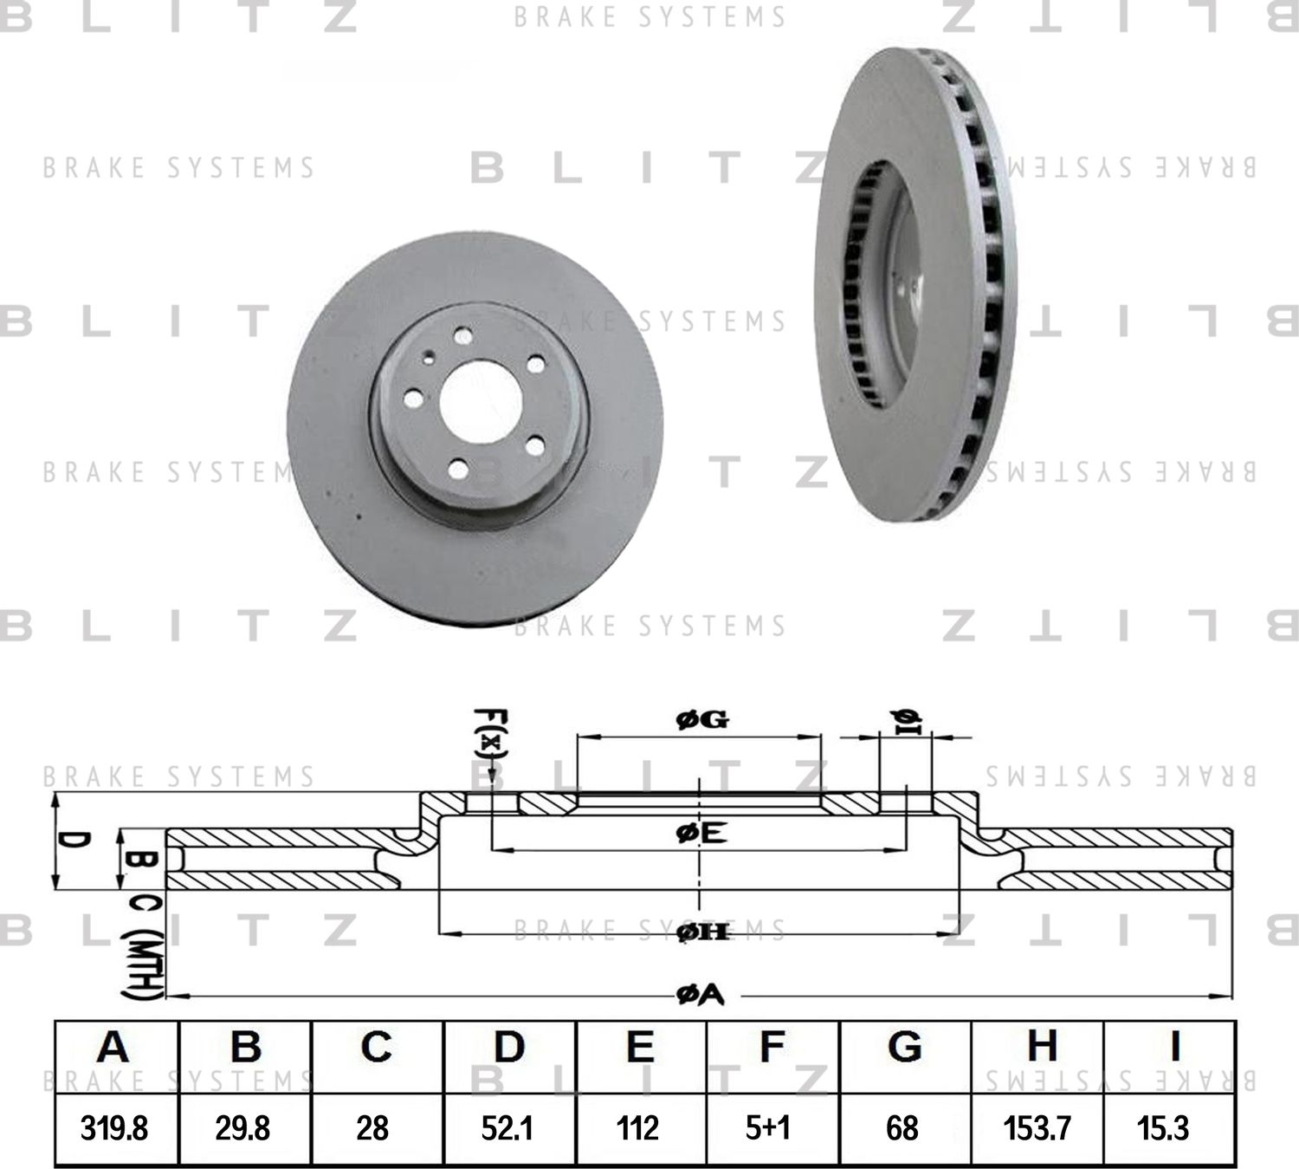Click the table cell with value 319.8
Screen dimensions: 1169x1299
pyautogui.click(x=114, y=1128)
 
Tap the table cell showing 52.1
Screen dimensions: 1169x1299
pyautogui.click(x=507, y=1128)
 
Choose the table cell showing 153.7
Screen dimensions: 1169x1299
pyautogui.click(x=1037, y=1128)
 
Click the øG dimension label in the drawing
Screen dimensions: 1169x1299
pyautogui.click(x=702, y=719)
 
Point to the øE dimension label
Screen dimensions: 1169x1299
pyautogui.click(x=700, y=833)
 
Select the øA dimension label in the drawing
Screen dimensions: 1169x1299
pyautogui.click(x=700, y=996)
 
